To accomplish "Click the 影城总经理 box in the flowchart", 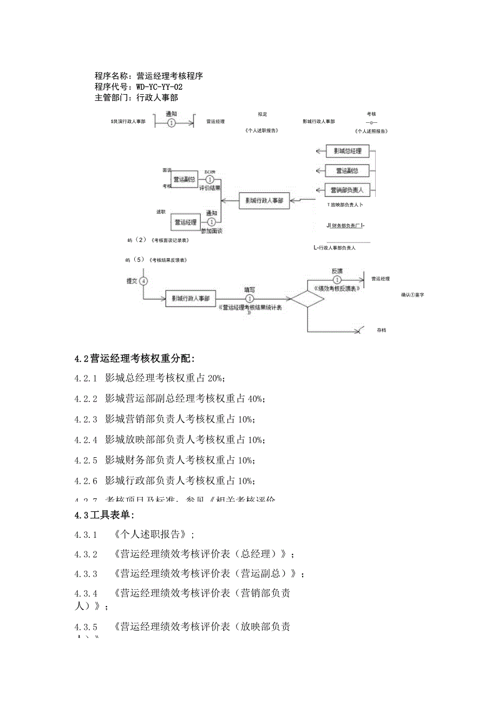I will pyautogui.click(x=347, y=151).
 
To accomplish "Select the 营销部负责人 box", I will pyautogui.click(x=347, y=190).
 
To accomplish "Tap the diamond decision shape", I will pyautogui.click(x=307, y=298).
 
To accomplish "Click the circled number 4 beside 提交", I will pyautogui.click(x=143, y=281).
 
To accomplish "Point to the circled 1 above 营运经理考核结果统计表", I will pyautogui.click(x=250, y=298).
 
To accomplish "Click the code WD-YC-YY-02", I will pyautogui.click(x=160, y=87).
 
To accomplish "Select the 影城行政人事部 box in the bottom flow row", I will pyautogui.click(x=190, y=298).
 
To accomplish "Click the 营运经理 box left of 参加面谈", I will pyautogui.click(x=184, y=222).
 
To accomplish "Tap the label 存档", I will pyautogui.click(x=382, y=330).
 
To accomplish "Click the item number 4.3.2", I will pyautogui.click(x=86, y=555).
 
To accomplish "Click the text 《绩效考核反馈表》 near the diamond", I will pyautogui.click(x=337, y=289).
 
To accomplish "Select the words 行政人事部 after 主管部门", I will pyautogui.click(x=157, y=98).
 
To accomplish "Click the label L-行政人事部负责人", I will pyautogui.click(x=335, y=248).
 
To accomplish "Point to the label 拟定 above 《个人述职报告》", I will pyautogui.click(x=263, y=114).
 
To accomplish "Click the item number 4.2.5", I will pyautogui.click(x=86, y=460).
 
